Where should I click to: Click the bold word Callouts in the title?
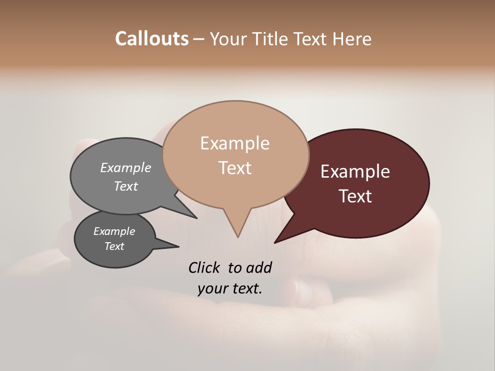pos(152,39)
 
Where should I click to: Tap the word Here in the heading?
pos(351,39)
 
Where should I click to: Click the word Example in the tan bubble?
pos(235,143)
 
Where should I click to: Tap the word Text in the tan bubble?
pos(235,168)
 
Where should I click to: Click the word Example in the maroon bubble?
pos(355,172)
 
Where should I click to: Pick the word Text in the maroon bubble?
pos(355,196)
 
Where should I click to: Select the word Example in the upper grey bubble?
pos(126,167)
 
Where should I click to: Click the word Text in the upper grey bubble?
pos(126,186)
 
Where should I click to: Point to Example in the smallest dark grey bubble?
pos(114,231)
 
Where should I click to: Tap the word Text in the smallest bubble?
pos(114,246)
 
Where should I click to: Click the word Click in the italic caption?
pos(205,267)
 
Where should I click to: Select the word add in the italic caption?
pos(258,267)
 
